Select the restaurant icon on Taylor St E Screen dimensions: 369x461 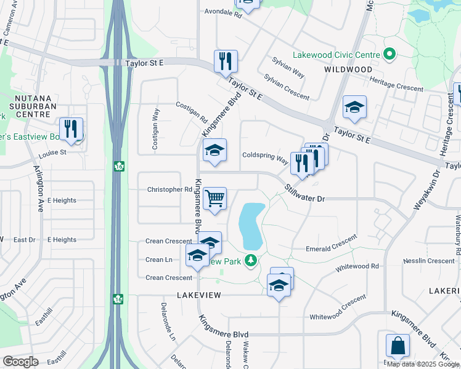coord(226,61)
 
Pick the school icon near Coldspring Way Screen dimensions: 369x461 coord(214,151)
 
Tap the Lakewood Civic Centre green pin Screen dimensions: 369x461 coord(389,55)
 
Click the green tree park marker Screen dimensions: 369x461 coord(250,261)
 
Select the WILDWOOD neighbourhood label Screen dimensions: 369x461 coord(348,69)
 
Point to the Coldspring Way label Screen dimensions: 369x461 coord(265,156)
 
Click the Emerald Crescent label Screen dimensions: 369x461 coord(332,244)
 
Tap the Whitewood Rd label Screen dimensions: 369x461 coord(357,268)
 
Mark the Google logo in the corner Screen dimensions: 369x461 coord(21,362)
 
